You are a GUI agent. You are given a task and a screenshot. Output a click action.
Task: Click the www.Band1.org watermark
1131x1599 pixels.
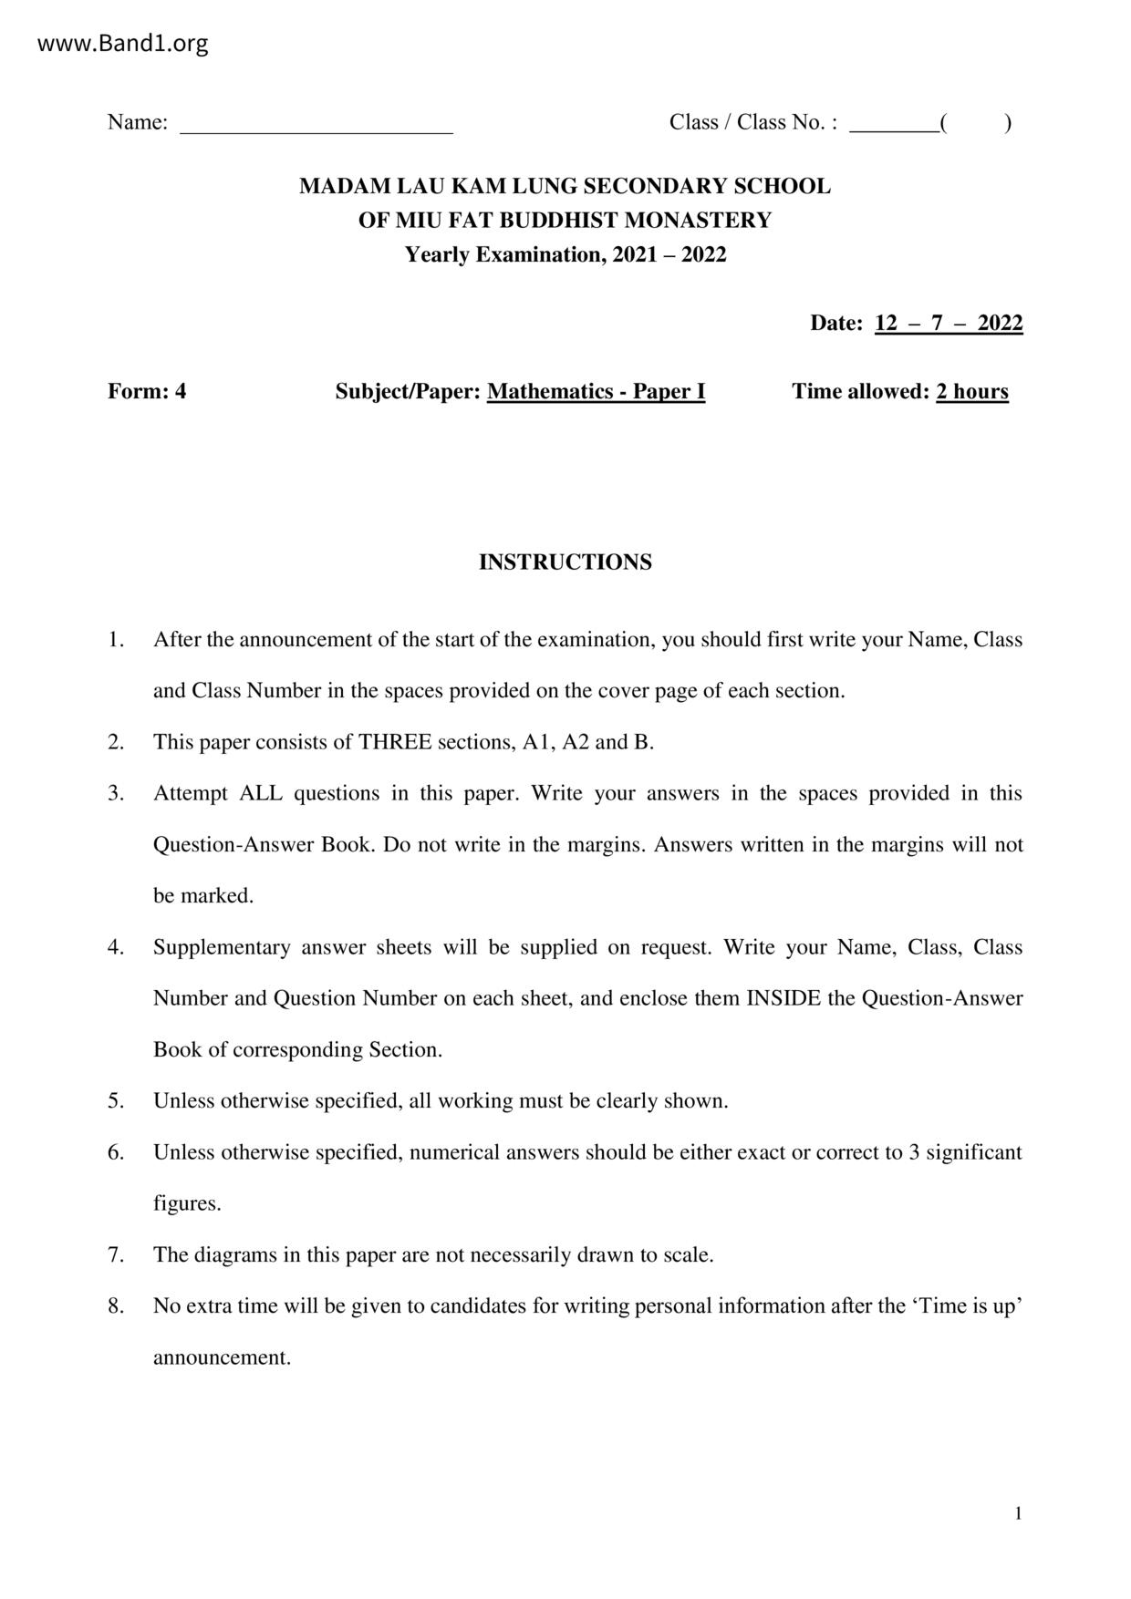[122, 44]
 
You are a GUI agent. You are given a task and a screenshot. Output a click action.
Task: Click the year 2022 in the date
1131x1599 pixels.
[1000, 324]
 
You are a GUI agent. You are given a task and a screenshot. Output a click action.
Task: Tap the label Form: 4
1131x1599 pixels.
[147, 392]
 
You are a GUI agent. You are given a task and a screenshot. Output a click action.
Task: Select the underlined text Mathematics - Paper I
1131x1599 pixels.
[596, 392]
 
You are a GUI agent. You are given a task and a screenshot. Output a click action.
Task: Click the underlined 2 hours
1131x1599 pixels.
[971, 392]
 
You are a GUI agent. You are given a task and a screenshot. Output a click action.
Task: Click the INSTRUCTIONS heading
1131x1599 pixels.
[565, 562]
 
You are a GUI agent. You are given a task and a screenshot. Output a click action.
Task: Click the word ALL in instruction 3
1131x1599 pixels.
[260, 793]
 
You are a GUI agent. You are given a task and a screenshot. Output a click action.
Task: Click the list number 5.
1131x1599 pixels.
[116, 1101]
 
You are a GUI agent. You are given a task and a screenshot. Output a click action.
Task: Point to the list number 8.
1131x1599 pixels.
[116, 1306]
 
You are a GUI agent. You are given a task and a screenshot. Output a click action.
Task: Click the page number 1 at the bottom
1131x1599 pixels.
[1018, 1514]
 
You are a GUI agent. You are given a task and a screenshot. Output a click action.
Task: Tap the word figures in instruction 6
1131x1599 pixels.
[187, 1204]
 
